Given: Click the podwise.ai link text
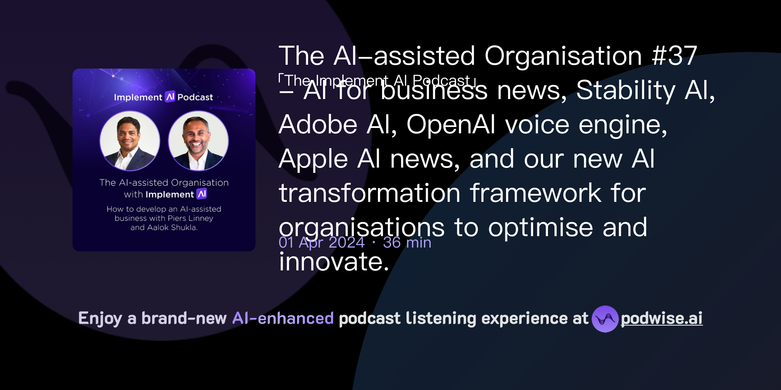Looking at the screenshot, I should tap(661, 319).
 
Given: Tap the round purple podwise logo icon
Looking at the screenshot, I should tap(605, 319).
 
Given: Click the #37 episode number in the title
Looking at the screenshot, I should tap(674, 56).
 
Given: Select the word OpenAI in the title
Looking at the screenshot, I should tap(451, 125).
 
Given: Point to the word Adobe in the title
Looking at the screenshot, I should tap(318, 125).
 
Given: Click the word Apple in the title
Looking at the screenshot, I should tap(313, 159).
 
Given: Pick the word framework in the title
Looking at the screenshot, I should tap(535, 193).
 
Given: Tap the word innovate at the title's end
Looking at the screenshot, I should tap(334, 262).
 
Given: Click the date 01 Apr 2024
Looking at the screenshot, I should tap(321, 243).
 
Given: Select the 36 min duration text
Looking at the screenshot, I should tap(407, 243).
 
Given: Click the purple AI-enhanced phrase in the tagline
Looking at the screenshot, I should tap(283, 318).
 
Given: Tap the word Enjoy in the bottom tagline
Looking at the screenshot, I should tap(100, 318).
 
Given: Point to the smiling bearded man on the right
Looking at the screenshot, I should tap(197, 137).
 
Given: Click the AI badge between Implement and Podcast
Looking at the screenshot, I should tap(170, 97).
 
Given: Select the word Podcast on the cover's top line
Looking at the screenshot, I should tap(195, 97).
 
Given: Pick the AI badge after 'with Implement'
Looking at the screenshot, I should tap(202, 194).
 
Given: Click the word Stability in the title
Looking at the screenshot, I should tap(625, 90).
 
